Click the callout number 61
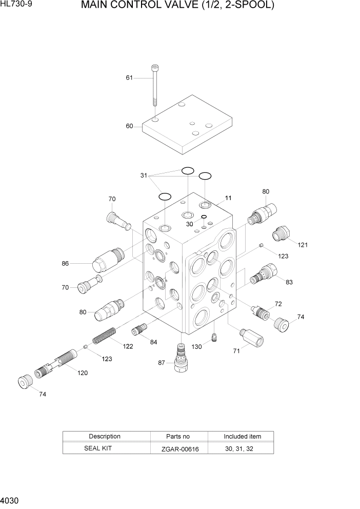(x=129, y=78)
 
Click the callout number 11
(x=228, y=198)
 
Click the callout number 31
(x=144, y=175)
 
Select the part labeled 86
(x=105, y=259)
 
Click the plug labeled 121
(x=283, y=234)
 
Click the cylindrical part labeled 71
(x=251, y=339)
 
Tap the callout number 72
(x=278, y=304)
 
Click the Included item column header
(x=242, y=436)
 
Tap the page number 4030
(x=10, y=500)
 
